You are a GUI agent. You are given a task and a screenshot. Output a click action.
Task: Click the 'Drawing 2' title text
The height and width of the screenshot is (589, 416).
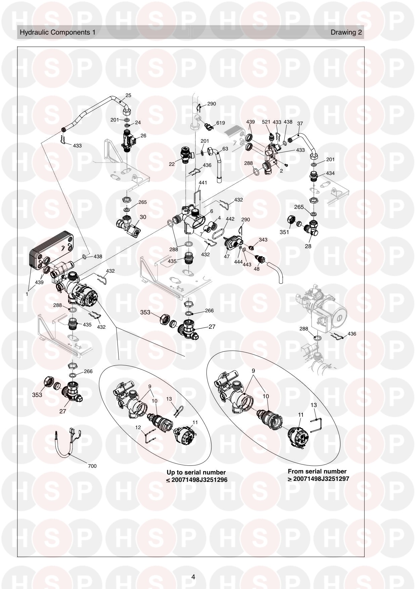[346, 33]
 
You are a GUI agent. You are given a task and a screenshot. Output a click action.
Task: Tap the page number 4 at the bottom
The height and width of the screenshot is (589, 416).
[193, 577]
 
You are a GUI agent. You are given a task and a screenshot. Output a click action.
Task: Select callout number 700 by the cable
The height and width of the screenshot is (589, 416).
[92, 466]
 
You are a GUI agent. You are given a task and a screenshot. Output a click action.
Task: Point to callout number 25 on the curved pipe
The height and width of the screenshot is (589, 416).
[128, 95]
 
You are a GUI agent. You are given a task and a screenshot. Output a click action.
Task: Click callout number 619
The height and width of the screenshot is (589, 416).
[220, 123]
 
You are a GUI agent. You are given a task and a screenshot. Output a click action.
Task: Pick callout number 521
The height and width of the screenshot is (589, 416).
[266, 122]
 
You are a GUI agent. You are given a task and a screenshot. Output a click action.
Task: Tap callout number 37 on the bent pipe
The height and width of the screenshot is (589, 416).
[300, 123]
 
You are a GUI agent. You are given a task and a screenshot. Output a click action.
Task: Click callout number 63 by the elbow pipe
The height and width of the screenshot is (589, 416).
[225, 149]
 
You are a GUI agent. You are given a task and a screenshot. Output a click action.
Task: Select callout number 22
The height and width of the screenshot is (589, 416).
[172, 164]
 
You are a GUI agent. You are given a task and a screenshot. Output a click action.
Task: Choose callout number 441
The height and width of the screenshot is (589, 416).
[203, 183]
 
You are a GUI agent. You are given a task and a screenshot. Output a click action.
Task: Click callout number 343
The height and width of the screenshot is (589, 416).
[263, 239]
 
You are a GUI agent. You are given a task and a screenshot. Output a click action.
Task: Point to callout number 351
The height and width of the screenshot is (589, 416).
[284, 232]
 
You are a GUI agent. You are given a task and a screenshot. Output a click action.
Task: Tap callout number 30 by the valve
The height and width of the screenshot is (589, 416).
[143, 217]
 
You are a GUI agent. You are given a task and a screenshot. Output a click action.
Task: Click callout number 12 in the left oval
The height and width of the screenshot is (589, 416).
[138, 427]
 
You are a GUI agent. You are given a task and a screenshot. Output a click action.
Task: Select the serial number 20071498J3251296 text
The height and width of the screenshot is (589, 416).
[199, 480]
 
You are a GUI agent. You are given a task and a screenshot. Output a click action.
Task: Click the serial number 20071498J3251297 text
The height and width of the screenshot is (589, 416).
[321, 479]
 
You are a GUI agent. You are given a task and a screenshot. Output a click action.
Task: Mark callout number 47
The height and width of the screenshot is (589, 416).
[227, 256]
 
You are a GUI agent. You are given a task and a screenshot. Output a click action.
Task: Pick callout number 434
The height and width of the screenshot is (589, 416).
[330, 173]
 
